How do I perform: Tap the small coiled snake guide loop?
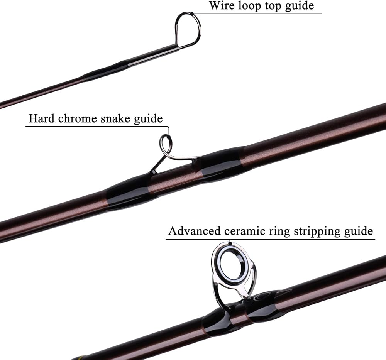[166, 145]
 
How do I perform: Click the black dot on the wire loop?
[192, 14]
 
